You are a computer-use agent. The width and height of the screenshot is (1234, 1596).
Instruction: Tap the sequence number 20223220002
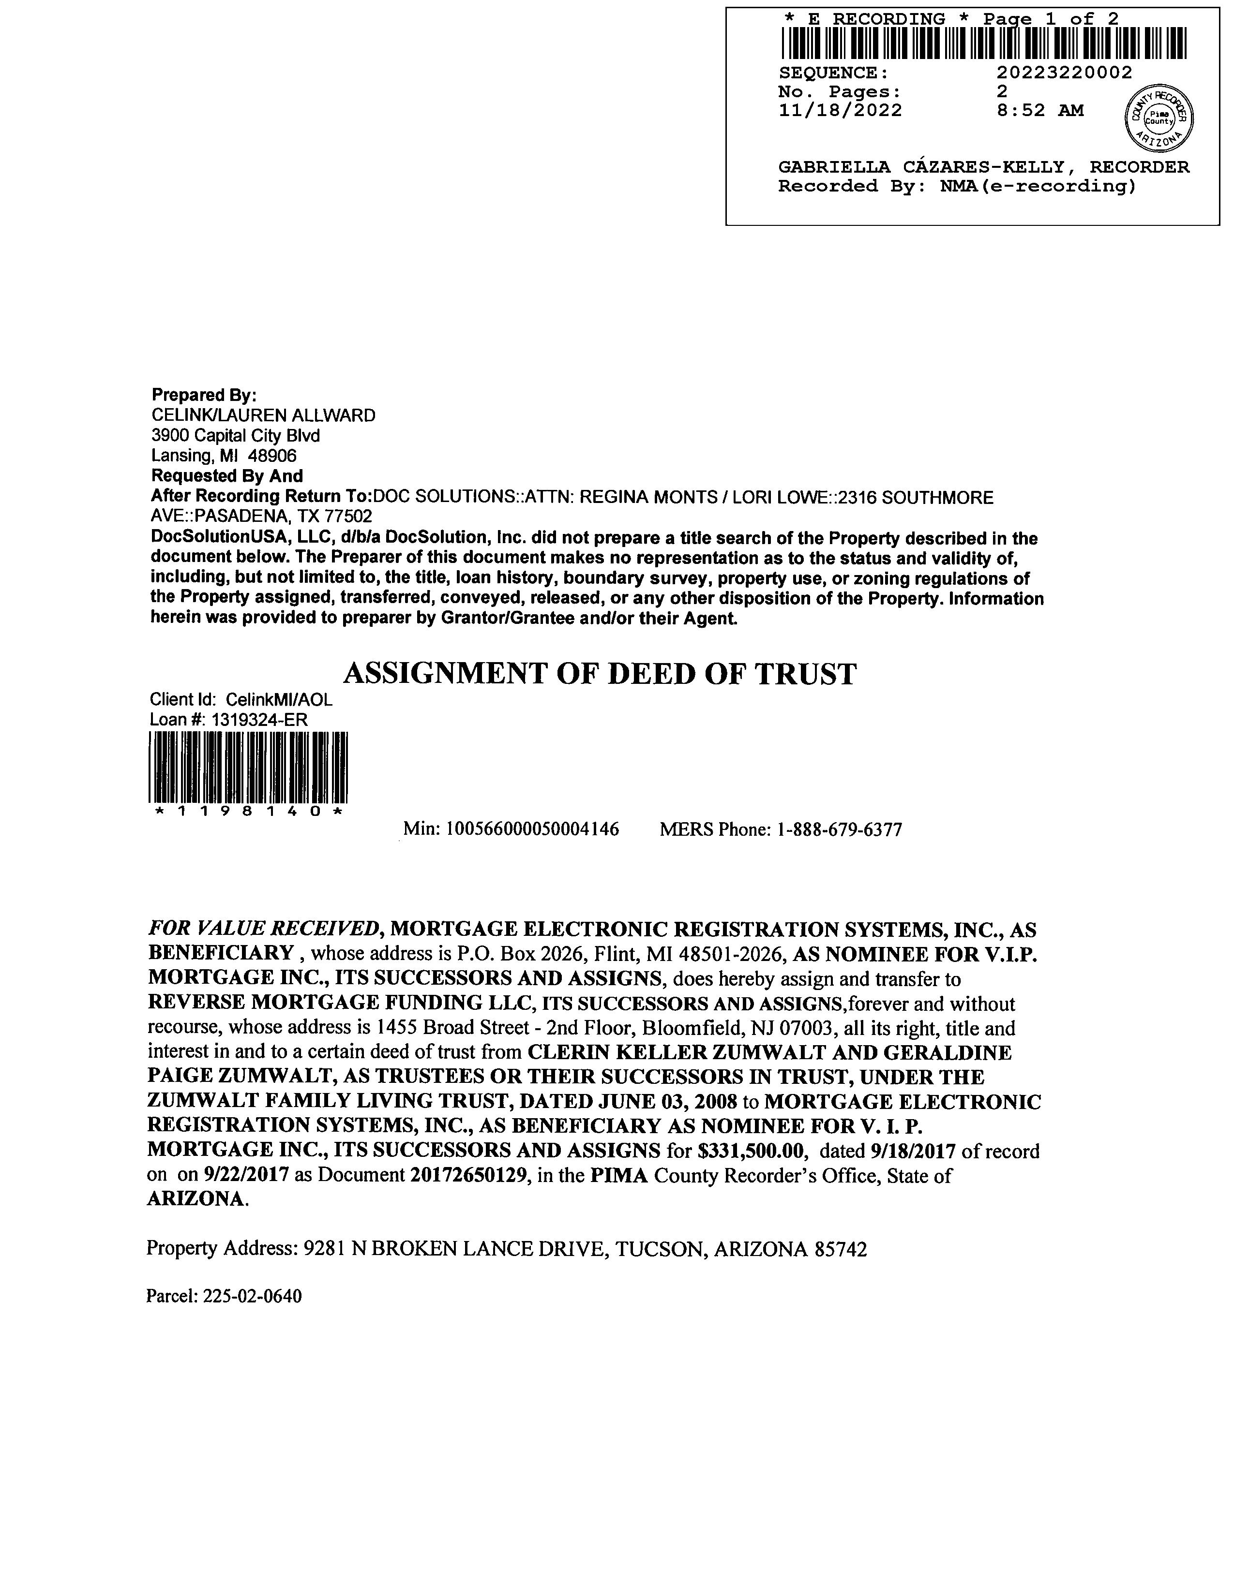point(1064,73)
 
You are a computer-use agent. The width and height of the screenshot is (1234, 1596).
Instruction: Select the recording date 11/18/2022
point(840,110)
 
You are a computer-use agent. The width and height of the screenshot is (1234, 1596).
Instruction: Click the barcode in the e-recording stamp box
point(983,43)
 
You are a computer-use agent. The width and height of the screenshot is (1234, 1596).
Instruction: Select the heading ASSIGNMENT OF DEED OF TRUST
point(600,674)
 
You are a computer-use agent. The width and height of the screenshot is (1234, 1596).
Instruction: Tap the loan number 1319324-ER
point(259,720)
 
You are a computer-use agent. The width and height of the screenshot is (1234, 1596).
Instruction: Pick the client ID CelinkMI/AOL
point(279,699)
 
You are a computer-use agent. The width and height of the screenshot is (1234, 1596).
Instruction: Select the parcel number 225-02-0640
point(252,1296)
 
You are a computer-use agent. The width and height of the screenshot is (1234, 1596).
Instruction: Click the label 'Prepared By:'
point(204,395)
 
